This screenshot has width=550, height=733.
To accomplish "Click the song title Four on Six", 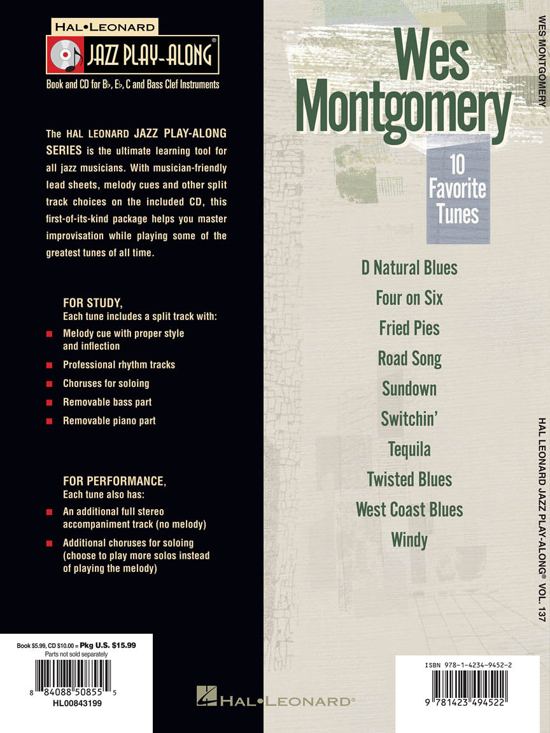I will tap(409, 298).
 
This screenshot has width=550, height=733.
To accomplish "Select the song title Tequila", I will tap(409, 449).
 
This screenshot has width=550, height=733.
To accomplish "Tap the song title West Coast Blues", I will tap(409, 510).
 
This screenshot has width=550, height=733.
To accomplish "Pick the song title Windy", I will tap(409, 540).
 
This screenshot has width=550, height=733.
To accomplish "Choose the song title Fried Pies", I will tap(409, 328).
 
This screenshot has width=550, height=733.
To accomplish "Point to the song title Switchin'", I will tap(409, 419).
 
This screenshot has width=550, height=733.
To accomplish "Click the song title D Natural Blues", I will tap(409, 268).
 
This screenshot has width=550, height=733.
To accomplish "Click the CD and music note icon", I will tap(65, 55).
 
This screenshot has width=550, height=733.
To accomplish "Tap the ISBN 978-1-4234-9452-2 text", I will tap(467, 665).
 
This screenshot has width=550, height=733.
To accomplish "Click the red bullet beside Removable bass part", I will tap(49, 403).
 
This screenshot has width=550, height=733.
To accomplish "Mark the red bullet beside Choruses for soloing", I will tap(49, 384).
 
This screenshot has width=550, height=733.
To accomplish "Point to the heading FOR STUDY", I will tap(92, 303).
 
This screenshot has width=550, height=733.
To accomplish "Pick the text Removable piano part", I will tap(109, 421).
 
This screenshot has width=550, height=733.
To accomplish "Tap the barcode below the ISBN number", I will tap(467, 686).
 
